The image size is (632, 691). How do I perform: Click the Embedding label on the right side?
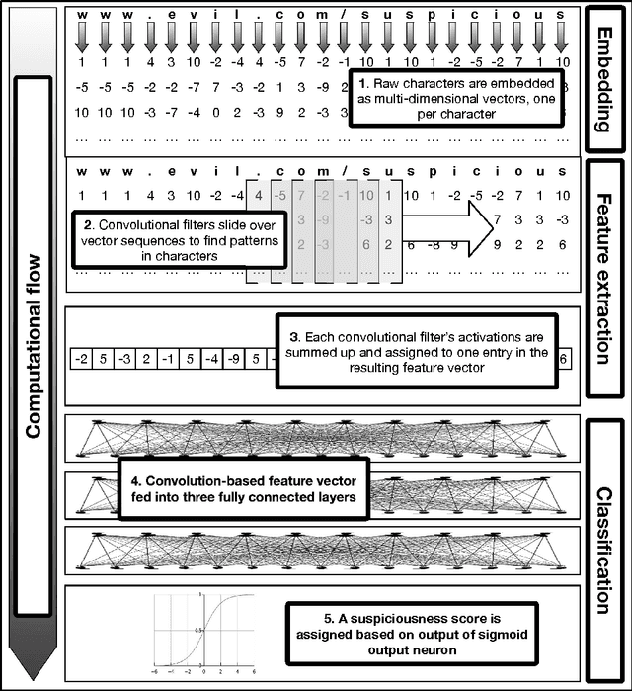604,78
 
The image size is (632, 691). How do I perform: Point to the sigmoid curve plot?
202,628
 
